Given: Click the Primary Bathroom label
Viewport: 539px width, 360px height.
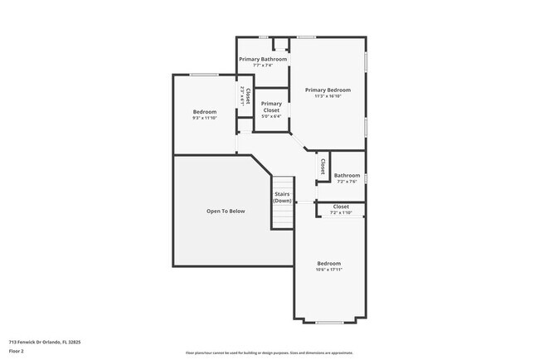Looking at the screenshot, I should coord(263,60).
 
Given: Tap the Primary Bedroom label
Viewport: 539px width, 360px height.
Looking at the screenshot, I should coord(328,90).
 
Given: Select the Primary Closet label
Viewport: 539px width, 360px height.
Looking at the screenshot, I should coord(271,107).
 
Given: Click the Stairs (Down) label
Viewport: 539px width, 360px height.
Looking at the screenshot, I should coord(283,197).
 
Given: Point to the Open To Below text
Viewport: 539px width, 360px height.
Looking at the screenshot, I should coord(226,212).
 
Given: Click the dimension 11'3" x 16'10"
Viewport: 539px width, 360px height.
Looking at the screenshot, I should coord(328,96).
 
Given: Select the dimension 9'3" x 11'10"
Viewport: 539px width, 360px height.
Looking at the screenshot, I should coord(205,118).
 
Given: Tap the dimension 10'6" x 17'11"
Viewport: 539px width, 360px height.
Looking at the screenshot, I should coord(328,270).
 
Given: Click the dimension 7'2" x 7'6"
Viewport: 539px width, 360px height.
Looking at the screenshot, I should coord(347,181).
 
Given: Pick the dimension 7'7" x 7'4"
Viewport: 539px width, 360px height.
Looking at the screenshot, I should coord(263,66).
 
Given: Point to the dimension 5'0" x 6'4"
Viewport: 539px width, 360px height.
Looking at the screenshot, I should coord(271,116).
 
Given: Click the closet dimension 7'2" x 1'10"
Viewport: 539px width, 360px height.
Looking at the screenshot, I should coord(341,212).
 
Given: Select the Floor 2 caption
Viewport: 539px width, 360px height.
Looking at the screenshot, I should coord(17,351).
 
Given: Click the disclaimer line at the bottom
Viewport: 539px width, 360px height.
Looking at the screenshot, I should coord(269,353).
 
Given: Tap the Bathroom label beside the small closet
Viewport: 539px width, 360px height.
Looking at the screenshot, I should coord(347,175).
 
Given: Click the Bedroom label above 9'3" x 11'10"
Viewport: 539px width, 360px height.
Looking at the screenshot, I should coord(205,112).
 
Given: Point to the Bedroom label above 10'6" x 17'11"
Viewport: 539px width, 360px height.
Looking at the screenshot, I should coord(328,263).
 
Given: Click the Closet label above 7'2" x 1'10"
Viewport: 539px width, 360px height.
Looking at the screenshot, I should coord(341,207).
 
